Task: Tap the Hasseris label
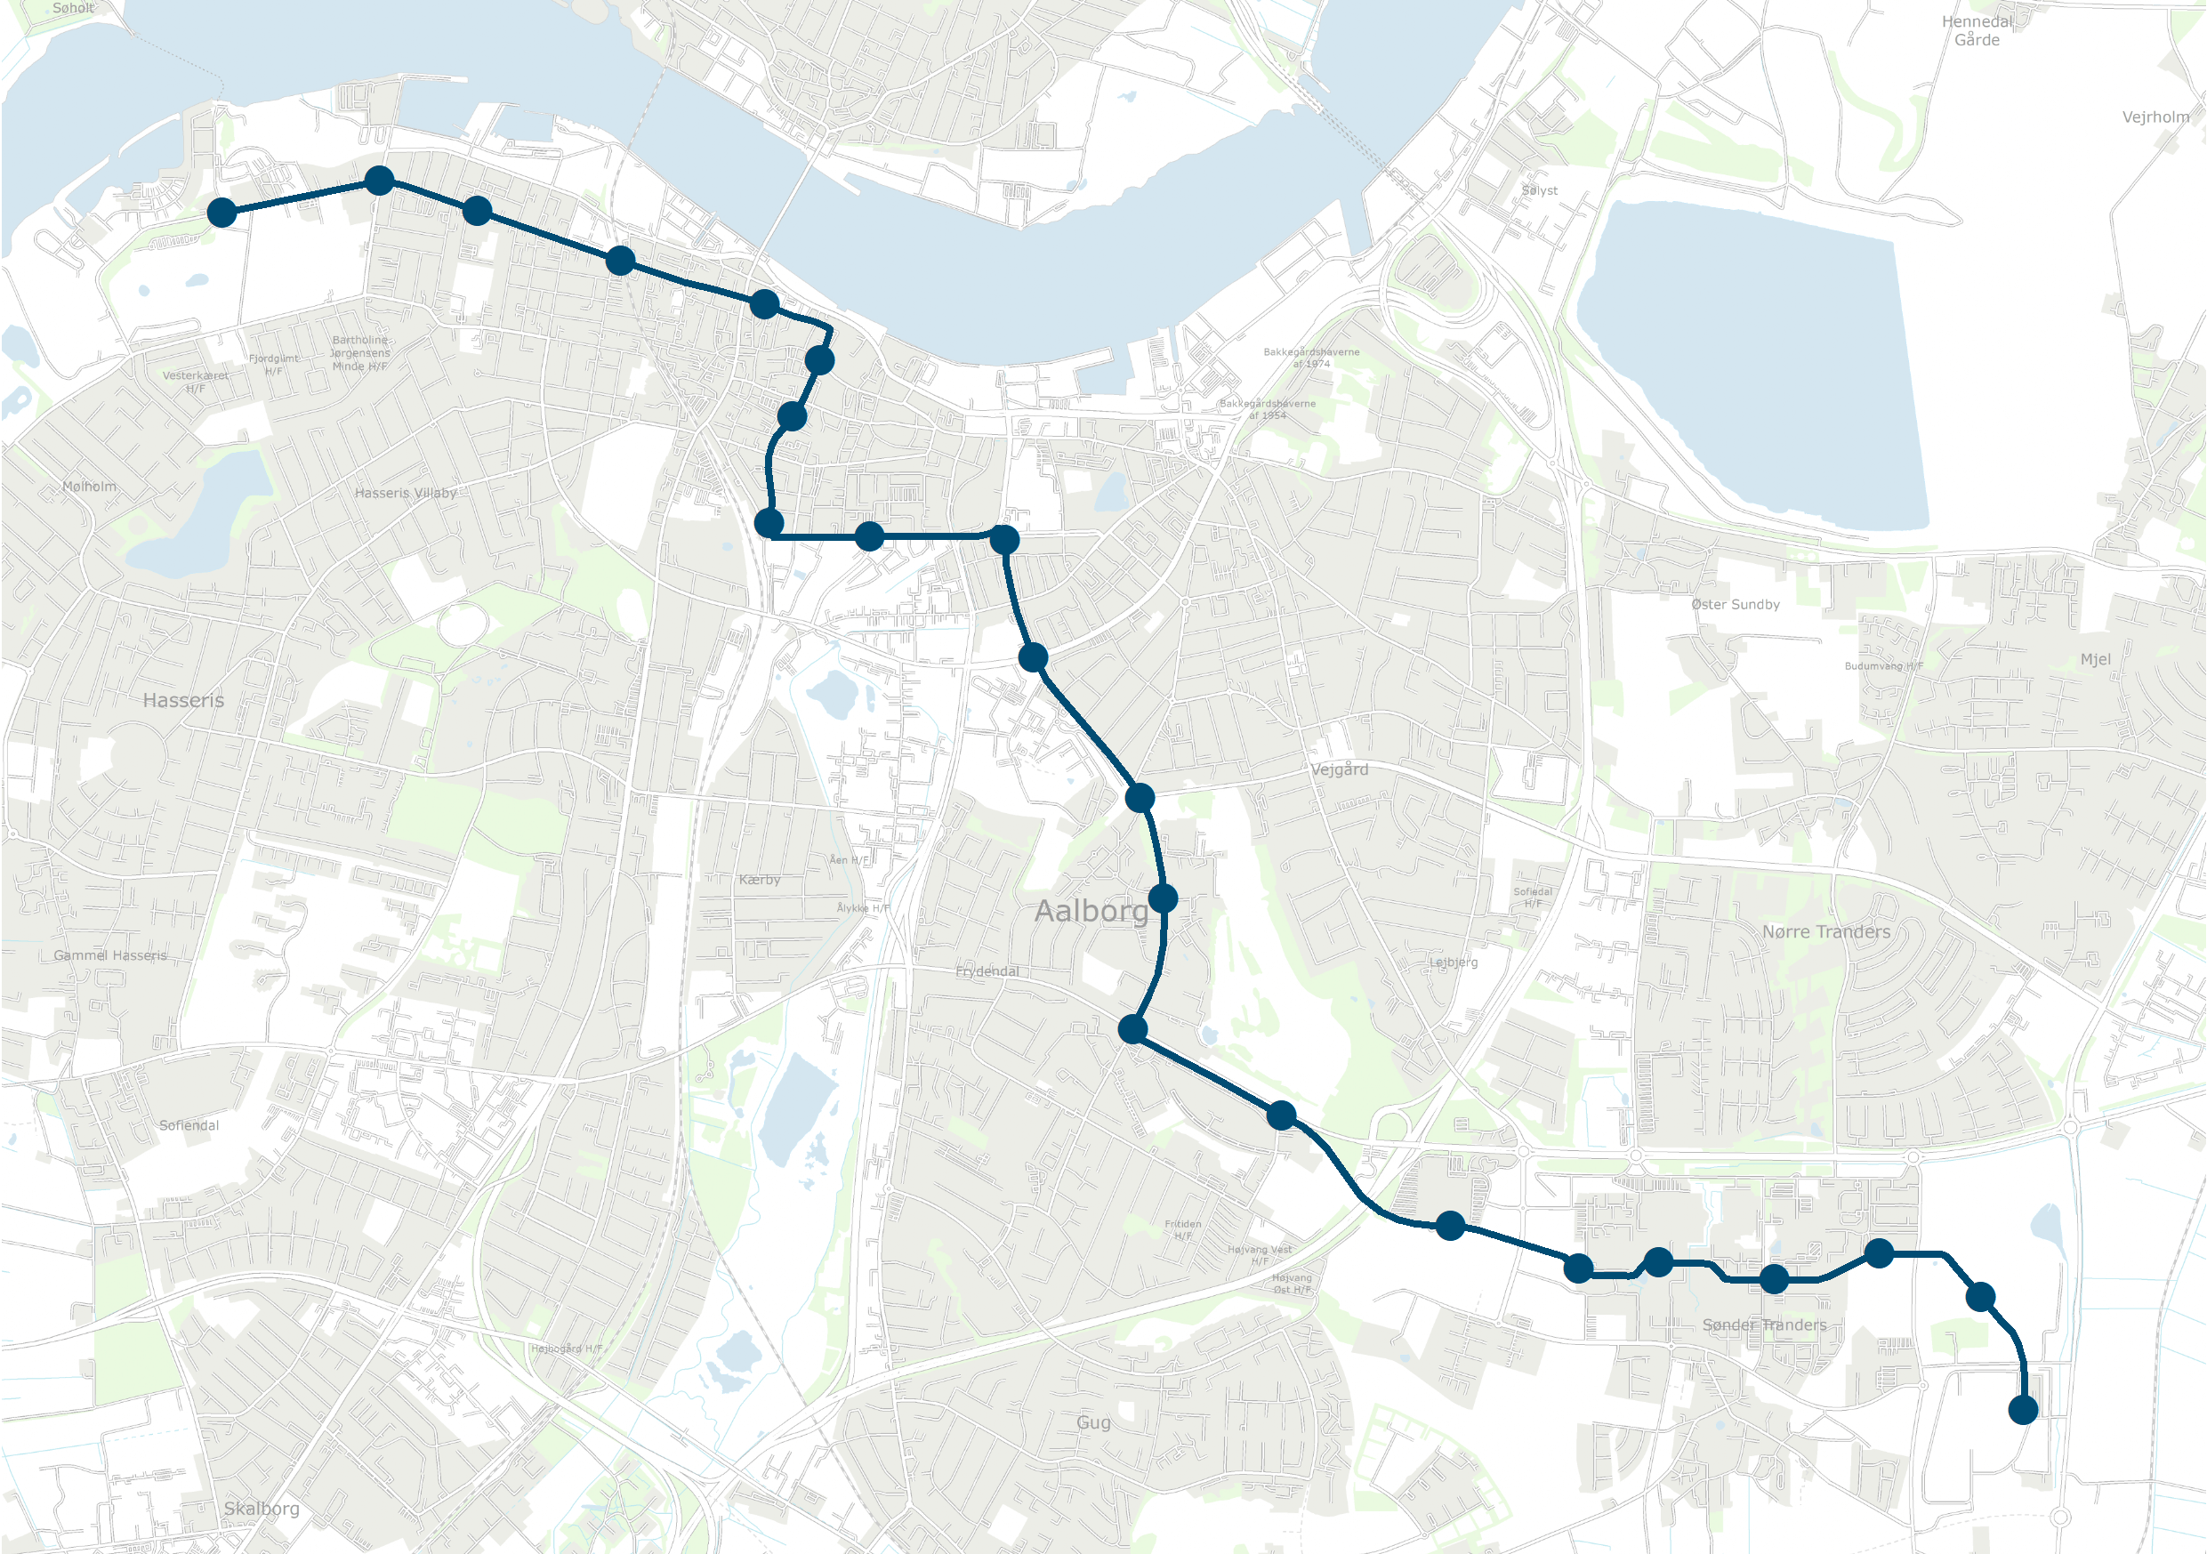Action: click(x=182, y=701)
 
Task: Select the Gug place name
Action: click(x=1093, y=1422)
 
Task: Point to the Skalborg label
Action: click(x=262, y=1508)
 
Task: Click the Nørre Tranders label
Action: click(x=1825, y=931)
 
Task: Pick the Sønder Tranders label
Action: click(x=1764, y=1325)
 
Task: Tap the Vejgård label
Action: click(x=1339, y=769)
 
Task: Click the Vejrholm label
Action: click(x=2155, y=117)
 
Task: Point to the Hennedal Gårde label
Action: click(x=1977, y=31)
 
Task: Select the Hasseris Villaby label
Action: click(x=406, y=493)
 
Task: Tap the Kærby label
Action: click(x=760, y=880)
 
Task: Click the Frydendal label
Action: click(x=987, y=970)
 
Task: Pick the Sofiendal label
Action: click(x=189, y=1125)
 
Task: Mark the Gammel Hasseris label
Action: click(x=110, y=955)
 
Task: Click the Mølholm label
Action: click(x=89, y=487)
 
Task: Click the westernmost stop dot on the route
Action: click(x=222, y=213)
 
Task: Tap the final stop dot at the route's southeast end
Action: click(x=2024, y=1410)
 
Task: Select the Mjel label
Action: click(x=2096, y=659)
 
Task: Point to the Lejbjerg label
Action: click(x=1454, y=962)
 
